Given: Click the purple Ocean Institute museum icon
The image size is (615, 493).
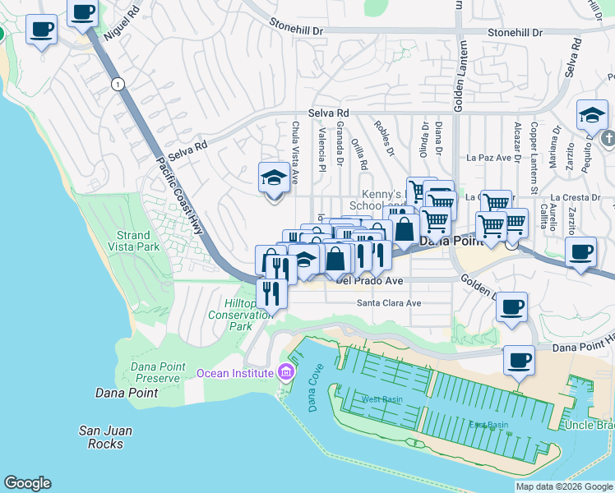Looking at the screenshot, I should tap(286, 373).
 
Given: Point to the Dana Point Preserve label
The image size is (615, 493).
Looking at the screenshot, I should tap(155, 372).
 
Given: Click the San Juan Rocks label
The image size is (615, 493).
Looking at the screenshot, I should tap(105, 437).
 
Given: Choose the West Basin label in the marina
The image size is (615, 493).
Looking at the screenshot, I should tap(380, 399).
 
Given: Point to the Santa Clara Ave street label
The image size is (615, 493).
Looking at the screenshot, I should tap(388, 303).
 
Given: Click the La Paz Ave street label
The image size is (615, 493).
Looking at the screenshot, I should tap(488, 157).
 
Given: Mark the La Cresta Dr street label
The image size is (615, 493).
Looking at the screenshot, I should tap(576, 198).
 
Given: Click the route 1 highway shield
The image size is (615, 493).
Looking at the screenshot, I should tap(119, 85).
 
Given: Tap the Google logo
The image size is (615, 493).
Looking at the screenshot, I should tap(27, 483).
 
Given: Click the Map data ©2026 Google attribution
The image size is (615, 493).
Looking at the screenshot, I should tap(564, 486).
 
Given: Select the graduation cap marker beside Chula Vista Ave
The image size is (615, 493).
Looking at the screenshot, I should tap(274, 179).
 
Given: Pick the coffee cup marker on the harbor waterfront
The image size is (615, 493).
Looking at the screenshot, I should tap(519, 360).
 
